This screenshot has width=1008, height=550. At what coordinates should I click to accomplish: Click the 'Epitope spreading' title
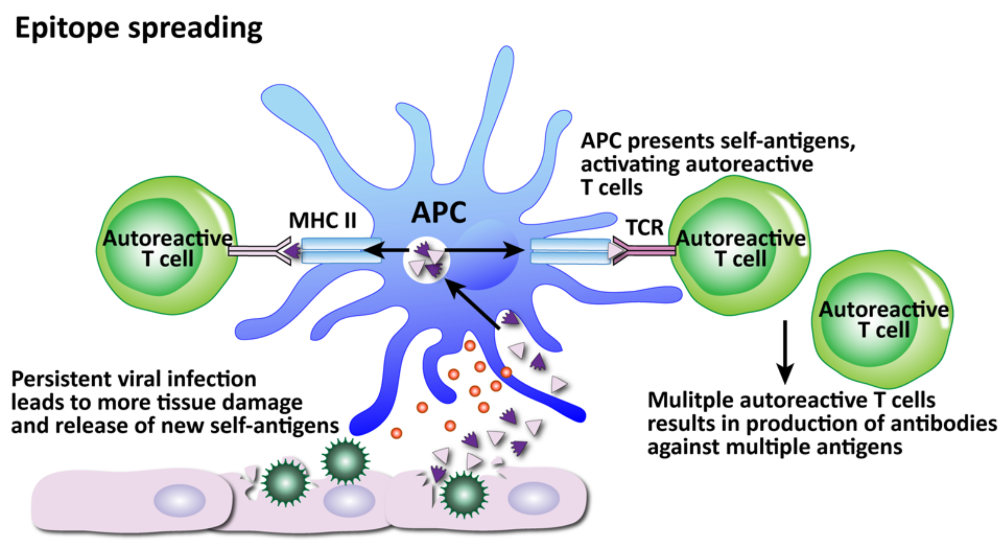coord(139,28)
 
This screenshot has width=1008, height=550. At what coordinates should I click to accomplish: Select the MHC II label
coord(322,220)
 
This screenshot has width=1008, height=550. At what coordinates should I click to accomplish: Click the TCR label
coord(645,227)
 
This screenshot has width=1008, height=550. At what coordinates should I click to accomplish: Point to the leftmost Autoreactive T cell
coord(167,246)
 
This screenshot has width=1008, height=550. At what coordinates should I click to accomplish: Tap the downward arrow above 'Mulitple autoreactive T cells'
coord(785,352)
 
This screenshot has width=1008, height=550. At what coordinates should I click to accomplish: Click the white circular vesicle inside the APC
coord(427,260)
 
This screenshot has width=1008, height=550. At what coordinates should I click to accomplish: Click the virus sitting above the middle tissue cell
coord(345,461)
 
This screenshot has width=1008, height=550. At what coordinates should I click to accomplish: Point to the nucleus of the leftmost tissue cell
coord(180,500)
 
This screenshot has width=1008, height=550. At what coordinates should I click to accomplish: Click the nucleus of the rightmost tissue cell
coord(533,498)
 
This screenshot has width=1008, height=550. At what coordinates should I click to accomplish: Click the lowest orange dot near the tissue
coord(397,433)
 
